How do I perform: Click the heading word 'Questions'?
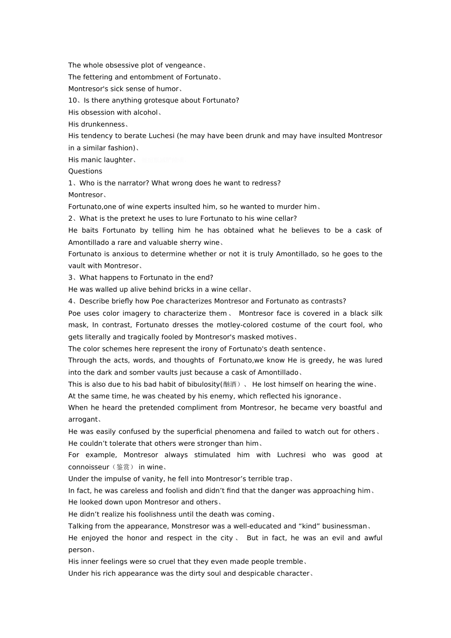(85, 171)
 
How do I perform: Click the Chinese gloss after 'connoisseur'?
(123, 467)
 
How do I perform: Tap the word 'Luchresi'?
(291, 455)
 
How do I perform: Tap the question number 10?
(72, 101)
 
